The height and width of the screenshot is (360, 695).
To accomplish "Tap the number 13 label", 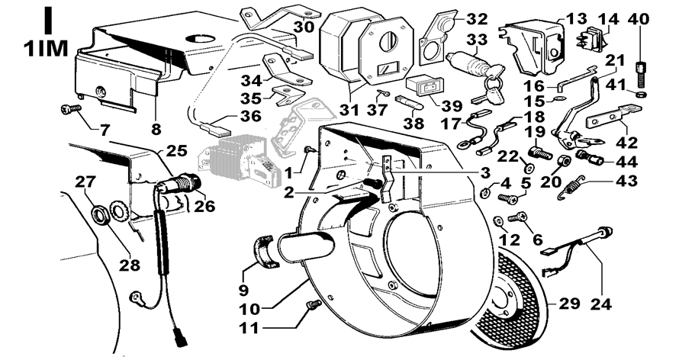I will click(x=578, y=18).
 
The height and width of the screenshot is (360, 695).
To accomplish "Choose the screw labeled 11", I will click(x=311, y=307).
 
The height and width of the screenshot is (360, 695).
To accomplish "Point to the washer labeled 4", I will click(x=485, y=188).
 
